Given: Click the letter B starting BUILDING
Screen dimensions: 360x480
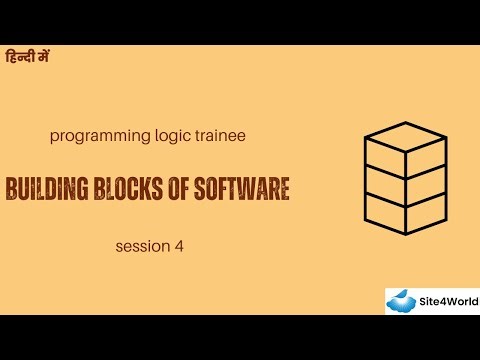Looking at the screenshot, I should [12, 188].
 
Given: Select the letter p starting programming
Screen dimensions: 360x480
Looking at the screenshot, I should [52, 134].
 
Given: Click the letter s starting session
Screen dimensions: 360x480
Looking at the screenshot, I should [119, 243].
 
